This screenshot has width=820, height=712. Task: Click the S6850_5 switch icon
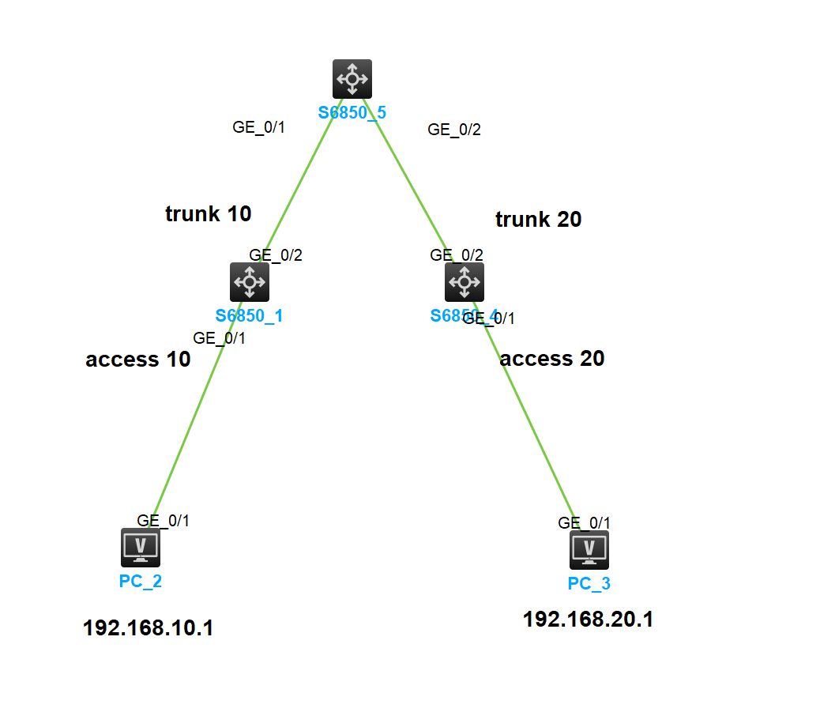[x=352, y=79]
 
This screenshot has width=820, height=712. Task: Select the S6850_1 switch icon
[x=250, y=282]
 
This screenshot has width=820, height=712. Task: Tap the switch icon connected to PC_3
[x=465, y=282]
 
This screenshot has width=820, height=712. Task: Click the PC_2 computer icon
[x=141, y=548]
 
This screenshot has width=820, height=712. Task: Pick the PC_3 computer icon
[x=589, y=550]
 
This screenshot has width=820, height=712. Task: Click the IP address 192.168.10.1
[x=148, y=628]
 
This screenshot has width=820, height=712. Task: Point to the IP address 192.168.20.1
[x=588, y=620]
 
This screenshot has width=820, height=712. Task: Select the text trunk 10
[x=208, y=213]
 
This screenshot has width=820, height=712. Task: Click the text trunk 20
[x=538, y=220]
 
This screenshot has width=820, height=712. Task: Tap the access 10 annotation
[x=138, y=360]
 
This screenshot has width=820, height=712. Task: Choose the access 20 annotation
[x=552, y=359]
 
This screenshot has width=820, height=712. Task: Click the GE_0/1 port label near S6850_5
[x=258, y=127]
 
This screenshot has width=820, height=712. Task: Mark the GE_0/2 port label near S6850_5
[x=454, y=130]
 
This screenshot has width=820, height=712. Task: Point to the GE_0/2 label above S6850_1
[x=276, y=255]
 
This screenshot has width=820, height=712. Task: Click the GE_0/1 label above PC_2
[x=164, y=520]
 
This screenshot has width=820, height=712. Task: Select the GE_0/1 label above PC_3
[x=585, y=522]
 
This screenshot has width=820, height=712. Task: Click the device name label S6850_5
[x=352, y=112]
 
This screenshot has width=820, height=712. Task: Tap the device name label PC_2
[x=141, y=582]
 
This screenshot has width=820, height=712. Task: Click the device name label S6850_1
[x=250, y=316]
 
